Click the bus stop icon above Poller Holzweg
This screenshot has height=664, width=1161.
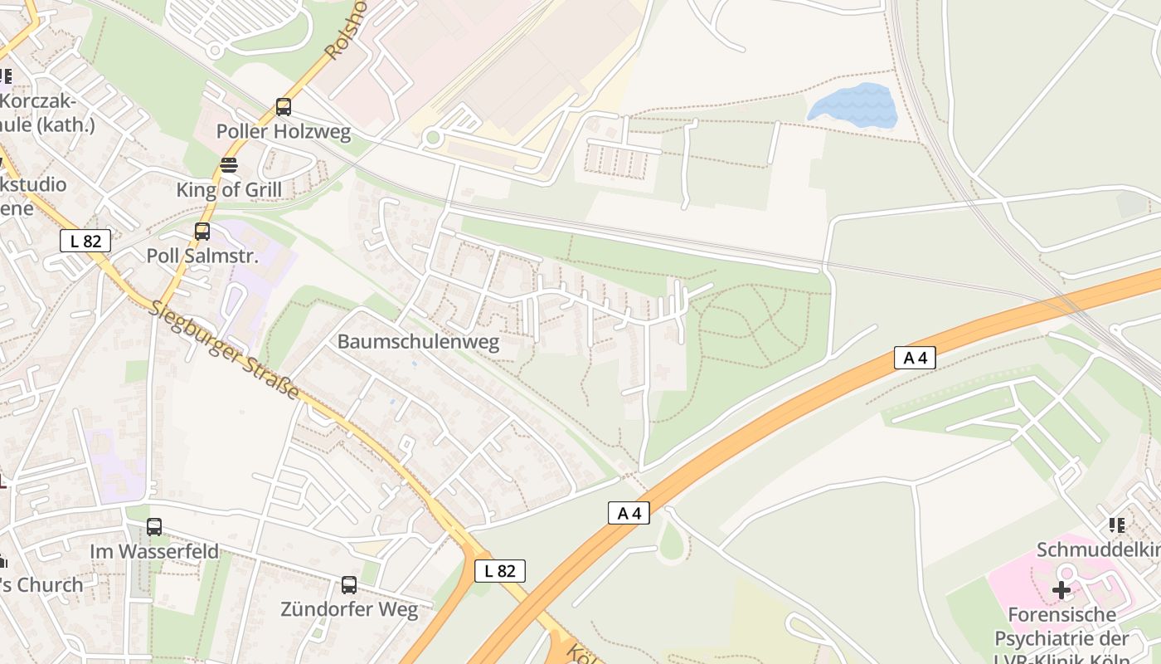284,107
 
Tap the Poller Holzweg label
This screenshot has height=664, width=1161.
284,132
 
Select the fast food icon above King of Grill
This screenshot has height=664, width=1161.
229,165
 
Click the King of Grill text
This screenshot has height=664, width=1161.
229,190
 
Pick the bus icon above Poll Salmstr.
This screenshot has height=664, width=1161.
202,232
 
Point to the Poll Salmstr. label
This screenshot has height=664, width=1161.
202,256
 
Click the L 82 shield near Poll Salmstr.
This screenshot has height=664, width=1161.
85,242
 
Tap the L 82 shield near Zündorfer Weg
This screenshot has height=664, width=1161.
500,571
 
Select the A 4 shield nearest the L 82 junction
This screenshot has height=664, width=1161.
629,513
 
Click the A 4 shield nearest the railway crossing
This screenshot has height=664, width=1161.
916,359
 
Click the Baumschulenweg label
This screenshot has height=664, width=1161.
418,343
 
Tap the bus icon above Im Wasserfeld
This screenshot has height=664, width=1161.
154,527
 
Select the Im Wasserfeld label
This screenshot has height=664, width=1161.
154,552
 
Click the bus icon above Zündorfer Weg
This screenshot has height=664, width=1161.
349,585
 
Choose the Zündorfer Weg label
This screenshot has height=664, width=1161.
349,610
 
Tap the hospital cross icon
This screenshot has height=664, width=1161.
1061,591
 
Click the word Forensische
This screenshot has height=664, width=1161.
1061,615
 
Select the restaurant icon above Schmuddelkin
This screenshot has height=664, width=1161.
1117,525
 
